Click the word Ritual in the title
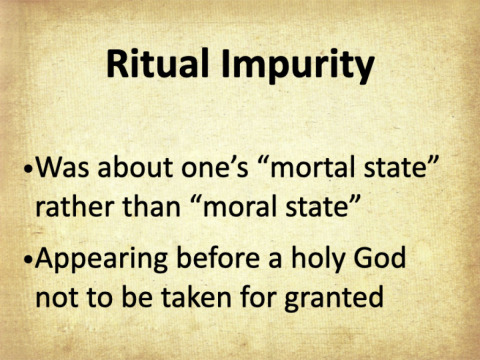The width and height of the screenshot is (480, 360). [158, 63]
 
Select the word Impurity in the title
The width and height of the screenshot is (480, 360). [298, 66]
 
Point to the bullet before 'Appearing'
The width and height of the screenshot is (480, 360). [29, 259]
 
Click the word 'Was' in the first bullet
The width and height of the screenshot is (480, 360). [63, 167]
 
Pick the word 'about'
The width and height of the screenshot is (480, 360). [135, 166]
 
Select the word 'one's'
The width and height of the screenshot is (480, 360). [215, 167]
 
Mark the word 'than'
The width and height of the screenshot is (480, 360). [152, 206]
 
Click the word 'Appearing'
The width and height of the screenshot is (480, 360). [101, 261]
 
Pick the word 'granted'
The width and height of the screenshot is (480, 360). [334, 299]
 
